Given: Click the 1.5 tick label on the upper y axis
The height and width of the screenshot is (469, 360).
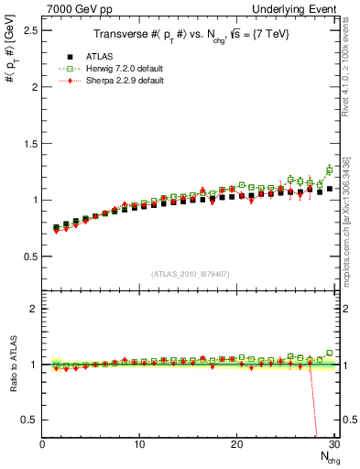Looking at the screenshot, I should (28, 143).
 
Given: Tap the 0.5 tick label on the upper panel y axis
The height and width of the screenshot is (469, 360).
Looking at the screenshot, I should (28, 256).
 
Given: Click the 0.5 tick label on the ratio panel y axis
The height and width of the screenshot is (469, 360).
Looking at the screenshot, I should (28, 420).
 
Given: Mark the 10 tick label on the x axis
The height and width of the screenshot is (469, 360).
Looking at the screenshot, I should (139, 444).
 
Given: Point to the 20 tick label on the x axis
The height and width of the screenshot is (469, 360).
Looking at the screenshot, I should (236, 444).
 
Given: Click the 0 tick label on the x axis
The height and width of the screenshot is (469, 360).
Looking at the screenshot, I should (42, 444).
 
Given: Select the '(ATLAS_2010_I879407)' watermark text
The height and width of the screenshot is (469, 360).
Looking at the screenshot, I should (190, 272).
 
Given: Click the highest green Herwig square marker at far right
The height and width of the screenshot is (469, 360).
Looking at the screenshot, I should (330, 170).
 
